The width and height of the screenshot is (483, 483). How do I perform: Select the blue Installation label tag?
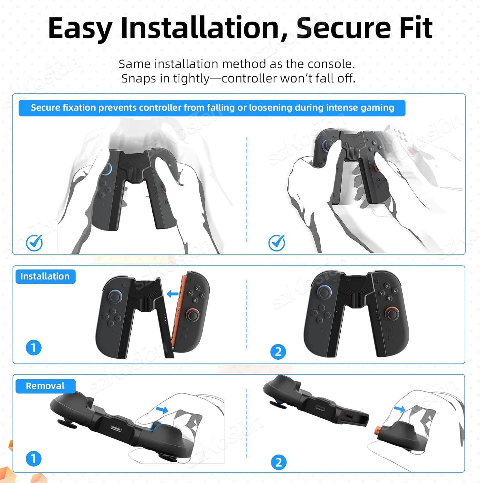point(45,276)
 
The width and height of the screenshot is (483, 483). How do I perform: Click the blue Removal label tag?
point(45,386)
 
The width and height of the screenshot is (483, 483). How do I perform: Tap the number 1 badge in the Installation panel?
point(33,348)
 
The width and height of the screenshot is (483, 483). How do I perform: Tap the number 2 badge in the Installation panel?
point(278,352)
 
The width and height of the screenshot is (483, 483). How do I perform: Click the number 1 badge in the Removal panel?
point(33,459)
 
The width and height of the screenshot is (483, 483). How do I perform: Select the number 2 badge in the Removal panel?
point(279,463)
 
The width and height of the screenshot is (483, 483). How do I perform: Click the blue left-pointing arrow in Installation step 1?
point(173,294)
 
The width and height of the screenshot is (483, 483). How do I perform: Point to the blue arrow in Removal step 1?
point(162,410)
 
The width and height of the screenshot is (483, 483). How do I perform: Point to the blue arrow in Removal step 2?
point(400,409)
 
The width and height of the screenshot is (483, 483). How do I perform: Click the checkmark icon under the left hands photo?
point(34,243)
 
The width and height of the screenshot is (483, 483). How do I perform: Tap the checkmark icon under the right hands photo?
point(277,243)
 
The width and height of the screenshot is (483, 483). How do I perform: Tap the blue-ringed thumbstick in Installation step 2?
point(324,291)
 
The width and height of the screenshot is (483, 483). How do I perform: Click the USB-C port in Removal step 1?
point(116,428)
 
